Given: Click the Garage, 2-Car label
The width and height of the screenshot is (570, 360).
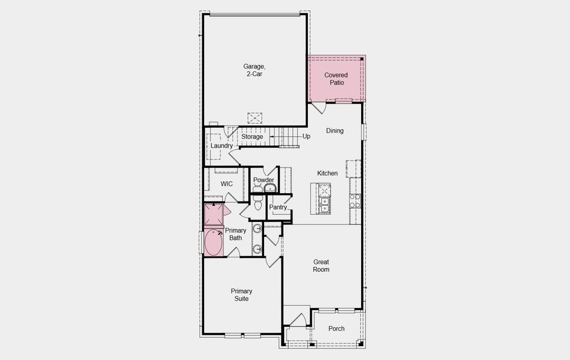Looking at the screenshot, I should pyautogui.click(x=253, y=70).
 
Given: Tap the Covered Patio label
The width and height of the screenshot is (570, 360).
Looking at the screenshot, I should pyautogui.click(x=336, y=79).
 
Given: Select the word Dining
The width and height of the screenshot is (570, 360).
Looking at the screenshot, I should pyautogui.click(x=335, y=131).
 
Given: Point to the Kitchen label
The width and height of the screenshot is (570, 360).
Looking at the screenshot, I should pyautogui.click(x=328, y=173).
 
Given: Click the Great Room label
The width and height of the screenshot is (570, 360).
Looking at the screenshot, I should pyautogui.click(x=321, y=266).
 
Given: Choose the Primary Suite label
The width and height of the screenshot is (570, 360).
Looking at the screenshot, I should pyautogui.click(x=242, y=295).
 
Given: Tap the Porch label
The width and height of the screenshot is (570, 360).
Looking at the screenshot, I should pyautogui.click(x=337, y=329).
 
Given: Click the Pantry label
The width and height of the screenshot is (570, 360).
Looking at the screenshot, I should pyautogui.click(x=278, y=208).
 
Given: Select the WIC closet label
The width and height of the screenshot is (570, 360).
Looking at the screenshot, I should pyautogui.click(x=226, y=184).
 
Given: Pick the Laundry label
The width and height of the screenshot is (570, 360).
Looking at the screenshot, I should pyautogui.click(x=221, y=146).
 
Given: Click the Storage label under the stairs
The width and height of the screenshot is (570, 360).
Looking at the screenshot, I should pyautogui.click(x=252, y=137).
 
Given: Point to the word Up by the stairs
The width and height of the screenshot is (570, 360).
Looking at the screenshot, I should pyautogui.click(x=306, y=137).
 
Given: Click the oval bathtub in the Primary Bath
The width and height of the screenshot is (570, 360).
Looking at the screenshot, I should pyautogui.click(x=213, y=242).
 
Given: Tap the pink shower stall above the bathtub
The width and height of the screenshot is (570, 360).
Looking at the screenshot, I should pyautogui.click(x=213, y=214).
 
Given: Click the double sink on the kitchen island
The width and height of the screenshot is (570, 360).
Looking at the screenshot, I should pyautogui.click(x=324, y=199).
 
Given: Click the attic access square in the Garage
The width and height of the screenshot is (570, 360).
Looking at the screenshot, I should pyautogui.click(x=254, y=118).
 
